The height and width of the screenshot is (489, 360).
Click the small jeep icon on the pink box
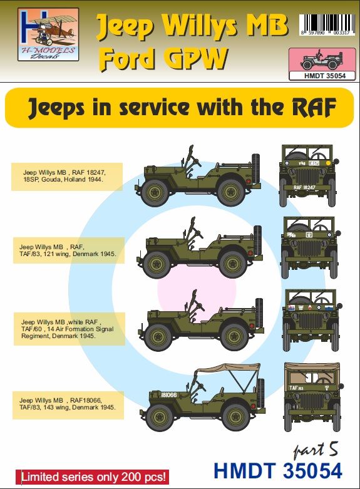(319, 61)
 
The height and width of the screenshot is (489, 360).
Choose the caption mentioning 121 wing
(66, 254)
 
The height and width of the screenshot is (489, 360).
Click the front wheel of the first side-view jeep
(154, 195)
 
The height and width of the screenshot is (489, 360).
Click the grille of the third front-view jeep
(311, 322)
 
